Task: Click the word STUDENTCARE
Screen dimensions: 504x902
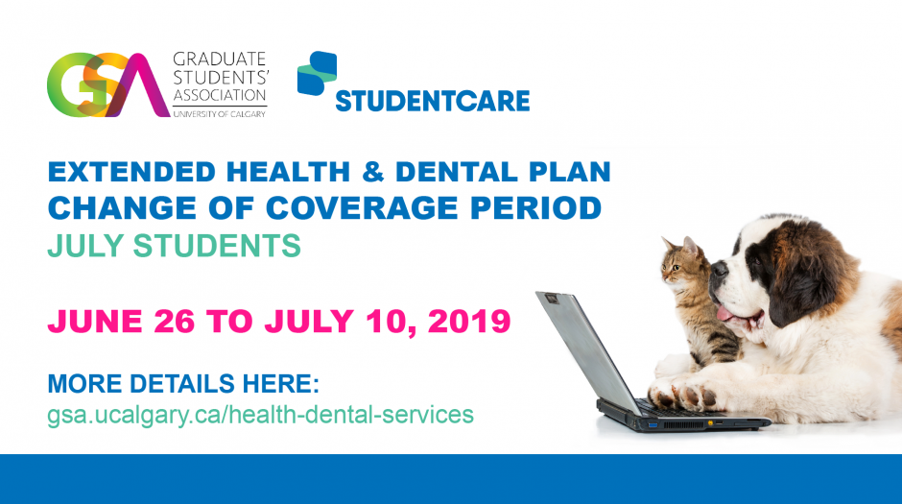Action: (x=432, y=100)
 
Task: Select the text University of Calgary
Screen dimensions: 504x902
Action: (x=219, y=113)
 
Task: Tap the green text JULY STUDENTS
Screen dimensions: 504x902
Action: (x=174, y=246)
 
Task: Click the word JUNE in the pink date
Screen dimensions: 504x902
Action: (x=96, y=321)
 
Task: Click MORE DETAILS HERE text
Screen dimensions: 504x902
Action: (x=182, y=384)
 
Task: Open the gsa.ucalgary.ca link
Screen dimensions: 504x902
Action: (x=260, y=415)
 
